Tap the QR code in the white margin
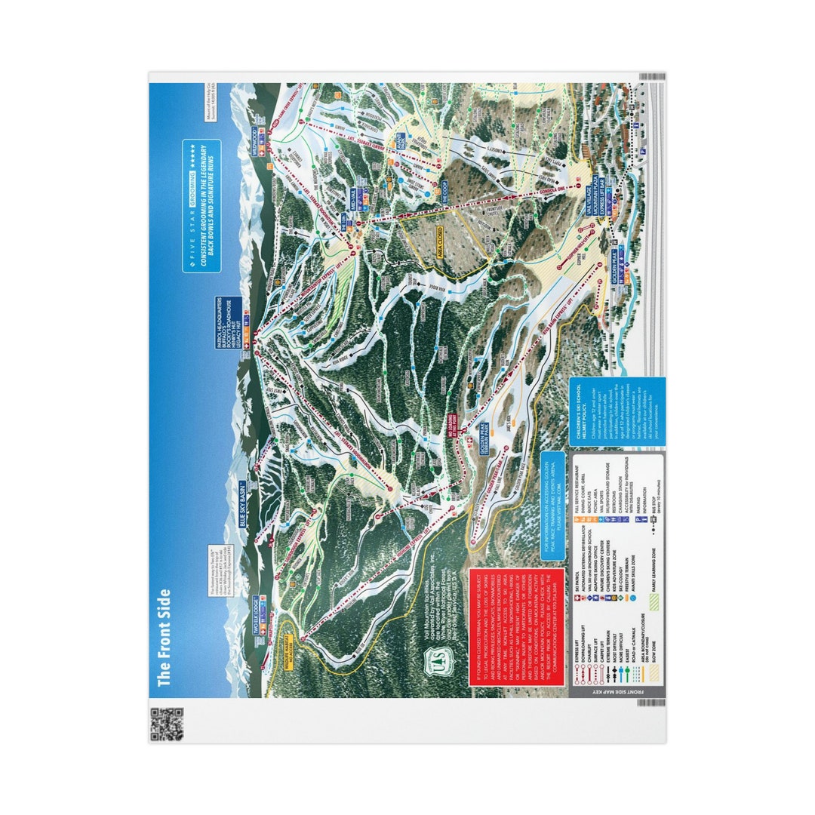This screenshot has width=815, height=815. [167, 724]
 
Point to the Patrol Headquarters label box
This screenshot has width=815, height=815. [228, 317]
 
